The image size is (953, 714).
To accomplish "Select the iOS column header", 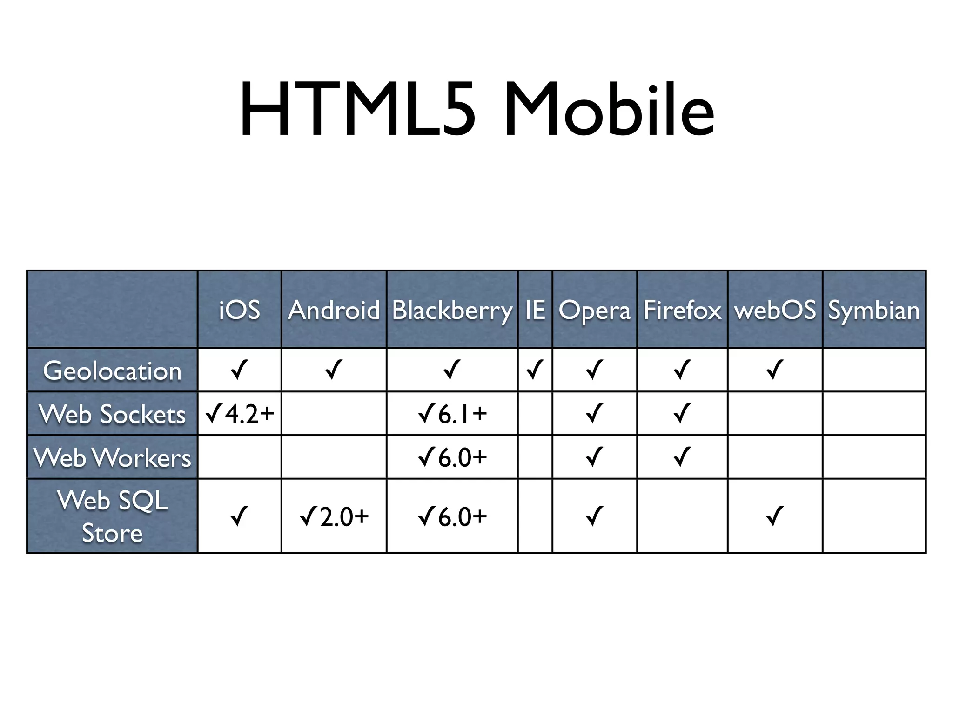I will tap(239, 310).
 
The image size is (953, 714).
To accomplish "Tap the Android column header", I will tap(334, 310).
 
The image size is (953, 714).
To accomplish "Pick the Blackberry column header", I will tap(452, 310).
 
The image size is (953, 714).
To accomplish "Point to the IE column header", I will tap(535, 310).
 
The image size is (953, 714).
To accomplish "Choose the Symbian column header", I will tap(874, 310).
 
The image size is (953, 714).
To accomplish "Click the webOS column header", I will tap(775, 310).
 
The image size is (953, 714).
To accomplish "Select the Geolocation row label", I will tap(112, 371).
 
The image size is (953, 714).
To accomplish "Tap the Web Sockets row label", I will tap(112, 414).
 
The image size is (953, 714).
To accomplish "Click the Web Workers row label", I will tap(112, 457).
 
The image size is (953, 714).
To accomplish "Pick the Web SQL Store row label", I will tap(112, 516).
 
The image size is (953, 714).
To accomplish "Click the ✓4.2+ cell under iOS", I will tap(239, 414).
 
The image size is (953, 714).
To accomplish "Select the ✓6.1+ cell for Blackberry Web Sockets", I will tap(452, 414).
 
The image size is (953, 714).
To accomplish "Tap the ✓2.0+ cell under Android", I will tap(334, 516).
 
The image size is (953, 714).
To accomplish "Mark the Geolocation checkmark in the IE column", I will tap(535, 370).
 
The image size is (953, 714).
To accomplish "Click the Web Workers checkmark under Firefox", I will tap(682, 457).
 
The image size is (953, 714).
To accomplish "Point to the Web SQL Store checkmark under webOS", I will tap(775, 516).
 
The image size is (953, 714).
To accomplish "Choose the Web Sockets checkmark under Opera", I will tap(594, 413).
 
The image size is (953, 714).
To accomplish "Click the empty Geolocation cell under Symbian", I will tap(874, 370).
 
